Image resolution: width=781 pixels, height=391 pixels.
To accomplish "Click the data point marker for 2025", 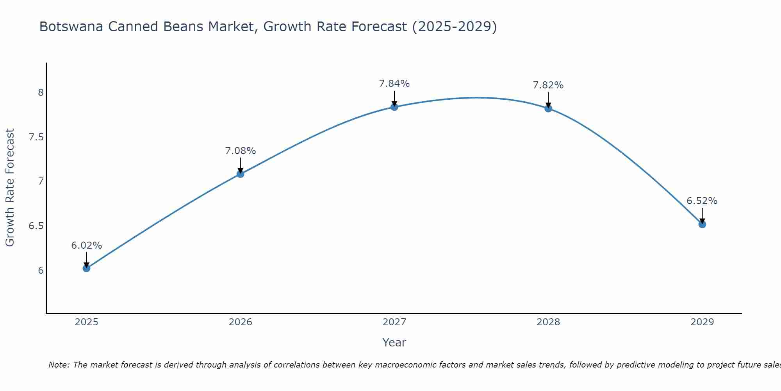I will (86, 268).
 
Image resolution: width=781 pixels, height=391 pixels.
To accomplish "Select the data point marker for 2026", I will (241, 174).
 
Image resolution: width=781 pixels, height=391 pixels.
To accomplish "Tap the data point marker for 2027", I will (394, 107).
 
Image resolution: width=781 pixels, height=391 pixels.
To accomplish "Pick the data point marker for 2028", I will (548, 109).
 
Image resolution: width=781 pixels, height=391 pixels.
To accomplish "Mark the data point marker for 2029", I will (702, 224).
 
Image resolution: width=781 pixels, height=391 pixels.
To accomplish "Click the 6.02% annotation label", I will (86, 246).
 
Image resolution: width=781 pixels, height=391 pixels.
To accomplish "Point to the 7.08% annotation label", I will (241, 151).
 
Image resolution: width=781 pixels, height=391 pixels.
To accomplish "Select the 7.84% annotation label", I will (394, 84).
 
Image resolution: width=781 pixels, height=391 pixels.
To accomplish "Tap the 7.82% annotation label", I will (548, 85).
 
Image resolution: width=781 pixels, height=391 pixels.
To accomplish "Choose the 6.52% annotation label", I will (702, 201).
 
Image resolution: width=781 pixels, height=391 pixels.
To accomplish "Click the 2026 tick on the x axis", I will (241, 322).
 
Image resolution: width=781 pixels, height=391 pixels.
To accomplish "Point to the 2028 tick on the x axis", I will (548, 322).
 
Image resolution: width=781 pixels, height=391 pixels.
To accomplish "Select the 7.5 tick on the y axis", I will (36, 137).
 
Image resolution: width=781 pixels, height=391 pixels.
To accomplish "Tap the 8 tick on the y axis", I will (41, 93).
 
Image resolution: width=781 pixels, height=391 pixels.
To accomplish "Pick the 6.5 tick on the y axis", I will (36, 226).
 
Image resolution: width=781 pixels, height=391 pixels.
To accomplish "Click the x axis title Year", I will (394, 343).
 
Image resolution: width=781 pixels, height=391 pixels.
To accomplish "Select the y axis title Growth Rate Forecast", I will (10, 188).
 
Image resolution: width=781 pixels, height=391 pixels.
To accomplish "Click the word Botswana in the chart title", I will (71, 27).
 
